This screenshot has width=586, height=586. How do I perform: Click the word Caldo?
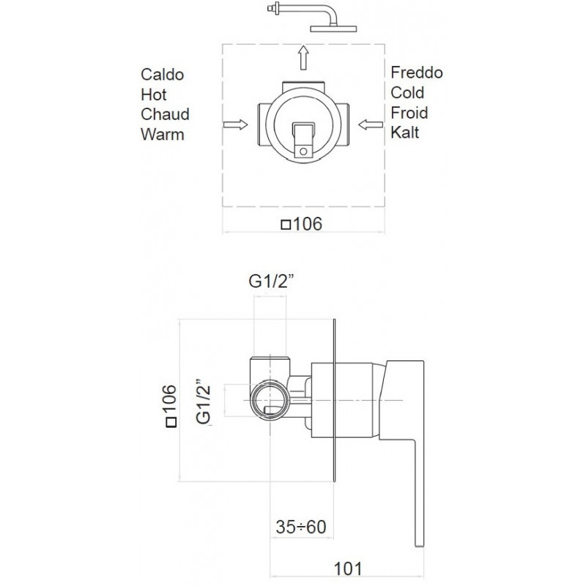coord(162,75)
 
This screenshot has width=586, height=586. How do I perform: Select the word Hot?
coord(154,94)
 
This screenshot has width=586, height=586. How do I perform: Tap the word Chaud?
coord(166,114)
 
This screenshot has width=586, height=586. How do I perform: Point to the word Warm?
coord(163,135)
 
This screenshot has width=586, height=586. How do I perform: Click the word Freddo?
coord(417,73)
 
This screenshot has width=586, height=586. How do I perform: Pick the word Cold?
coord(407,93)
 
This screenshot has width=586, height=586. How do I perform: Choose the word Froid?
coord(409,113)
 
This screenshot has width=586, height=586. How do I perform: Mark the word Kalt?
coord(405,133)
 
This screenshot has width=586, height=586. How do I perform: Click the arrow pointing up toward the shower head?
coord(303,58)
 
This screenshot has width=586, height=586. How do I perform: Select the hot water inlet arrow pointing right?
coord(235,125)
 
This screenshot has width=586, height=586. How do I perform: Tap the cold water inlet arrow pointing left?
coord(371,125)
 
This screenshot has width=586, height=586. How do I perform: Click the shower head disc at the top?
coord(333,29)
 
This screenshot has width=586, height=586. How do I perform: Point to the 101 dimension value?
coord(348,569)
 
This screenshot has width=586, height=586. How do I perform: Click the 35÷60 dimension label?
coord(301,527)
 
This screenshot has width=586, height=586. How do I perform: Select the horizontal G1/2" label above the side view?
coord(271,281)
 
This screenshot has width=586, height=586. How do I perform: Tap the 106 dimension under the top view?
coord(302,224)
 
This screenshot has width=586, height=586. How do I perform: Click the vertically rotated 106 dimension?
coord(170,406)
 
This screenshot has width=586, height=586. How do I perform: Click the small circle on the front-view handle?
coord(303,152)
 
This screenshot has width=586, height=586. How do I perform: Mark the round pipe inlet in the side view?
coord(270,401)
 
